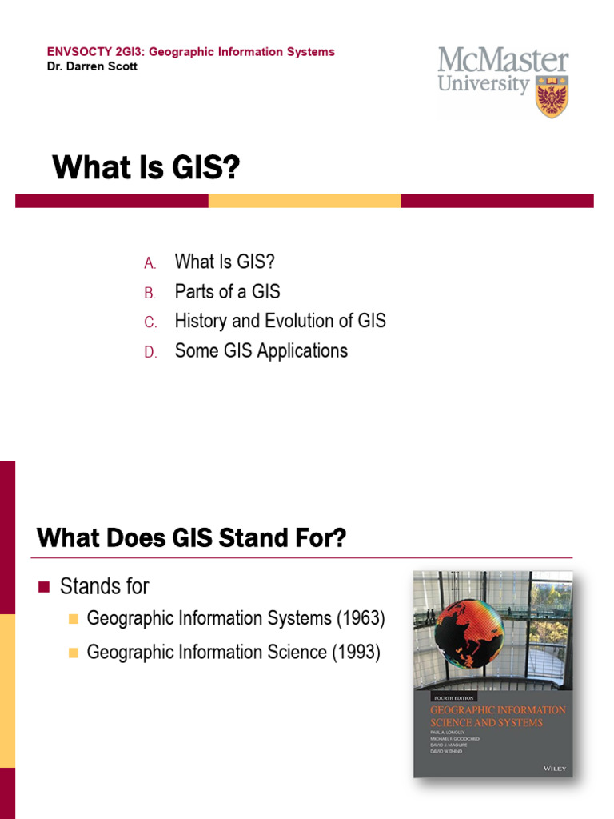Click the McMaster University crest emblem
click(x=552, y=97)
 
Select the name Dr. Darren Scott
click(x=92, y=66)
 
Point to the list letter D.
click(x=150, y=352)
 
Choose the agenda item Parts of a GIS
click(x=227, y=292)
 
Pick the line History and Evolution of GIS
click(x=280, y=322)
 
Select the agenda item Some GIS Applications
click(x=261, y=351)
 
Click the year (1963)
click(x=361, y=618)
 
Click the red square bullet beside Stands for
click(x=44, y=587)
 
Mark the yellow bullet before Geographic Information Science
click(x=74, y=653)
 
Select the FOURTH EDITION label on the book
click(x=453, y=696)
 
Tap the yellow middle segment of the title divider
click(x=304, y=201)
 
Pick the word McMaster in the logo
click(x=503, y=61)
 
